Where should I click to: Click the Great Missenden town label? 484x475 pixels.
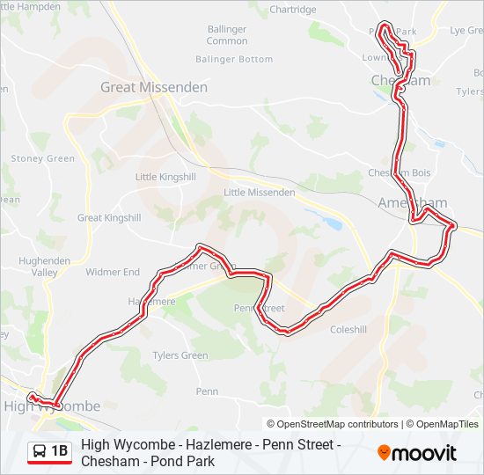(154, 87)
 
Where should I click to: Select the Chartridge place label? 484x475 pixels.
(292, 10)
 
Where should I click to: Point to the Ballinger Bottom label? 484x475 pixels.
(234, 59)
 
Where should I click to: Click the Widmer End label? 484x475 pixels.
(113, 272)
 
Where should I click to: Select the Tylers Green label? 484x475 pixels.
(180, 355)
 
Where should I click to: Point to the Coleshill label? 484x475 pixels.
(348, 330)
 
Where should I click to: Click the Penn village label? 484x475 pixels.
(207, 391)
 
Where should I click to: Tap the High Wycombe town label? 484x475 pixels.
(52, 406)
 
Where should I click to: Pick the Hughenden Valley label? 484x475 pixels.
(39, 267)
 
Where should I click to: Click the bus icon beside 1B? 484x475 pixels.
(40, 452)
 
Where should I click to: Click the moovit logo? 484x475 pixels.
(417, 452)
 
